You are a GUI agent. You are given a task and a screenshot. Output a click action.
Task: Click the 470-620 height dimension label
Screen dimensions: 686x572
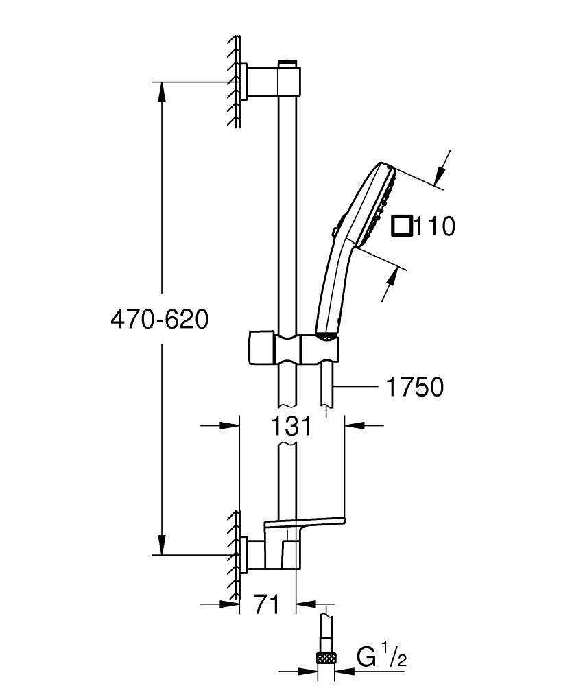click(159, 320)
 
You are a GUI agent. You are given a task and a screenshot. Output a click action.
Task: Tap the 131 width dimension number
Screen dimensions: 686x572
click(291, 426)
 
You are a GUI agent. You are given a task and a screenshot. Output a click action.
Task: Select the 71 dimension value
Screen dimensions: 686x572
click(267, 604)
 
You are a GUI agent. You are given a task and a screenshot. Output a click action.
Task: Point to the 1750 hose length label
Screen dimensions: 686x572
click(415, 388)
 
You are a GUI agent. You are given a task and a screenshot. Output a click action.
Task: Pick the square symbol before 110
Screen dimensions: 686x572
click(402, 226)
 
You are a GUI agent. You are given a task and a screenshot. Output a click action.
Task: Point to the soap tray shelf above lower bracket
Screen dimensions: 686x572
click(305, 523)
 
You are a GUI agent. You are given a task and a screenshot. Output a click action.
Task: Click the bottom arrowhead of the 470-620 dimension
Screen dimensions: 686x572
click(163, 545)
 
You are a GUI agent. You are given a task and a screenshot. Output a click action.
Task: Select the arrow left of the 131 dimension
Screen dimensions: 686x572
click(230, 426)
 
